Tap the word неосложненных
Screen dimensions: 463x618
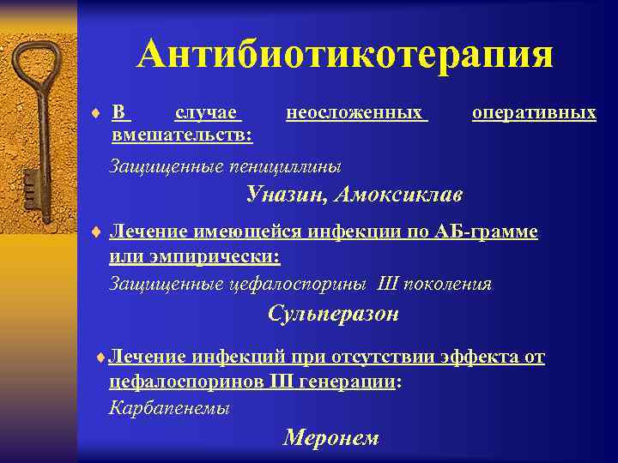pos(355,112)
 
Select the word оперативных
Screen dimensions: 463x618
pos(534,112)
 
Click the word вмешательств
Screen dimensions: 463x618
pos(179,135)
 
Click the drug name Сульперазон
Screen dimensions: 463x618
pos(333,314)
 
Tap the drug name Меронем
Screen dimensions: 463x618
pos(330,437)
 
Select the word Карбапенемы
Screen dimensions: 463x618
pos(170,408)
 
